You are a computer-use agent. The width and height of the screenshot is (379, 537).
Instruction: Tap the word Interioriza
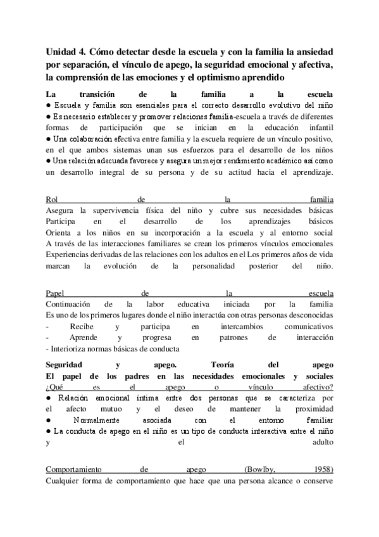[x=72, y=348]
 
